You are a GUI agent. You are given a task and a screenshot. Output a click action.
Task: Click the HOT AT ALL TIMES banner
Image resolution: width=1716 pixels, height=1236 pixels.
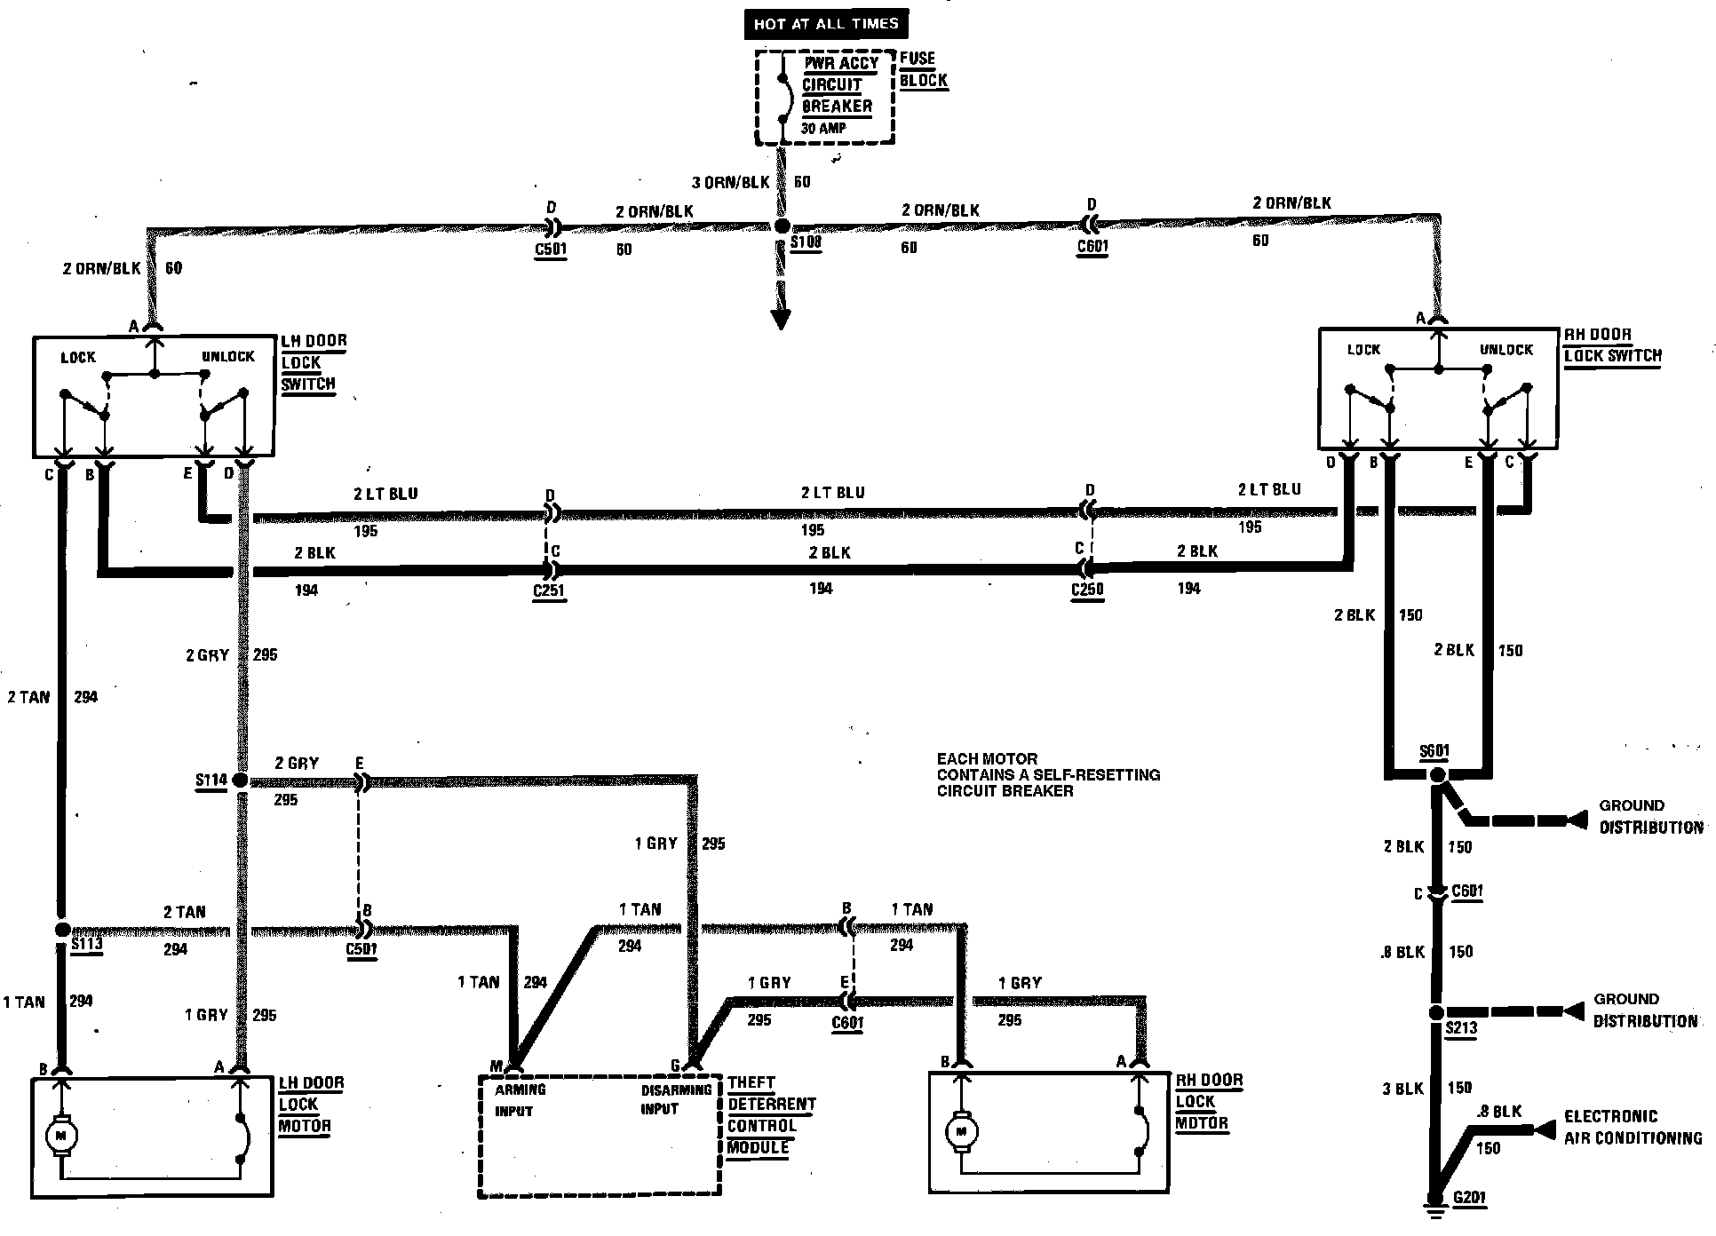click(825, 24)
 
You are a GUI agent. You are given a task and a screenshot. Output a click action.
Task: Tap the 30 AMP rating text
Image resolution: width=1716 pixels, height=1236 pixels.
click(823, 128)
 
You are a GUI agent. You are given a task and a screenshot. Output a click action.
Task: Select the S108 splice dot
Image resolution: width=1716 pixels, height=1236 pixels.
click(782, 226)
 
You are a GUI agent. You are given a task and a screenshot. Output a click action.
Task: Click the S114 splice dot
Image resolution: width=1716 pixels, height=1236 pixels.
click(239, 780)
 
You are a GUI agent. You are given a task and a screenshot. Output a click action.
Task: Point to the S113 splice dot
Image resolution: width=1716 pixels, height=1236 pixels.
click(61, 929)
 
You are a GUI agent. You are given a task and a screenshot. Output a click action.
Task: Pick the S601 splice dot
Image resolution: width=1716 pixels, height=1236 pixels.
click(1437, 775)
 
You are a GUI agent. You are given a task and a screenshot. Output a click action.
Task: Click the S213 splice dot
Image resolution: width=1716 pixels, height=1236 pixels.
click(1434, 1012)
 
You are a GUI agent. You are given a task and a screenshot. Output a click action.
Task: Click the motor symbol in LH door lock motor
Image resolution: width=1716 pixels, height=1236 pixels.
click(61, 1133)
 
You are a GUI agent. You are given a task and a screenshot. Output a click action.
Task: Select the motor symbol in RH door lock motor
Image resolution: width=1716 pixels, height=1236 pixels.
click(961, 1131)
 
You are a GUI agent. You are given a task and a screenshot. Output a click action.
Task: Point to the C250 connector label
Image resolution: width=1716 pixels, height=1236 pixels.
click(1087, 590)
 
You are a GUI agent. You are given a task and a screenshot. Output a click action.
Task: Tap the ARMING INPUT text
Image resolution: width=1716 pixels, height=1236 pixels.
click(520, 1099)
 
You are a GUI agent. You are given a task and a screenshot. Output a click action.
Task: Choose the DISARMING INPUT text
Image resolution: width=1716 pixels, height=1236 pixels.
click(675, 1099)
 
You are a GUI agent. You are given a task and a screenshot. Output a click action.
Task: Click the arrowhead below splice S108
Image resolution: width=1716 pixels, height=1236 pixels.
click(781, 318)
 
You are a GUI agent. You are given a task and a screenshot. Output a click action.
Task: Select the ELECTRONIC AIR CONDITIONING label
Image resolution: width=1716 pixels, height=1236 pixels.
click(1633, 1127)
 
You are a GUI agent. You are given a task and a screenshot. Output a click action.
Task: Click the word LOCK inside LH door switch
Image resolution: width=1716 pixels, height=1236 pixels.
click(78, 358)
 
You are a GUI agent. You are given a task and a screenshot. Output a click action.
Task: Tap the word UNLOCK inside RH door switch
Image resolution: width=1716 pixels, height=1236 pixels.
click(1505, 350)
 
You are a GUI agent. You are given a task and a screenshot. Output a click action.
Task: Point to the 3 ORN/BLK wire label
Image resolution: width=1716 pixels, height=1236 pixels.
click(730, 183)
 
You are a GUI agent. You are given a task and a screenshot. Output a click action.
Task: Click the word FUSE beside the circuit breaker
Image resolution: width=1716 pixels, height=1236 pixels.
click(918, 59)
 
